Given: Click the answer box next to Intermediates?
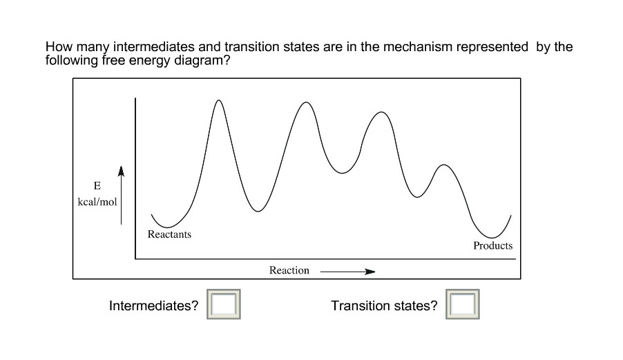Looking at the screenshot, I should tap(224, 305).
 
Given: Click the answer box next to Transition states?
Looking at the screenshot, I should tap(463, 305).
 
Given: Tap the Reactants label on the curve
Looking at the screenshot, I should tap(169, 234).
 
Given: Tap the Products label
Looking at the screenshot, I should tap(492, 245).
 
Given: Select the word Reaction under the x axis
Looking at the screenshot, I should tap(289, 270).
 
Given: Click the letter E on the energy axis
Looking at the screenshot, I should tap(97, 187).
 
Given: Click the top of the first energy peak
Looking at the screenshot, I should tap(219, 101).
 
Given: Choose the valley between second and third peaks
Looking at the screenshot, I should tap(341, 173).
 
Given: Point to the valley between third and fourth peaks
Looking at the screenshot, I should tap(416, 197).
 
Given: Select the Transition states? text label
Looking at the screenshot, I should tap(384, 305).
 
